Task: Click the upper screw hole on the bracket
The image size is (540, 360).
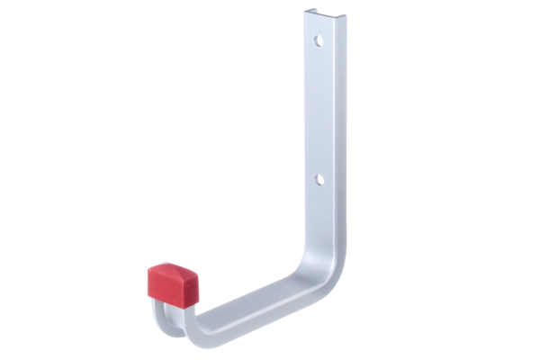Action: pos(318,40)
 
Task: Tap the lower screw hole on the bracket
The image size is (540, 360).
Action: pos(319,180)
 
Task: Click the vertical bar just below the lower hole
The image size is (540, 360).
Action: pos(320,202)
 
